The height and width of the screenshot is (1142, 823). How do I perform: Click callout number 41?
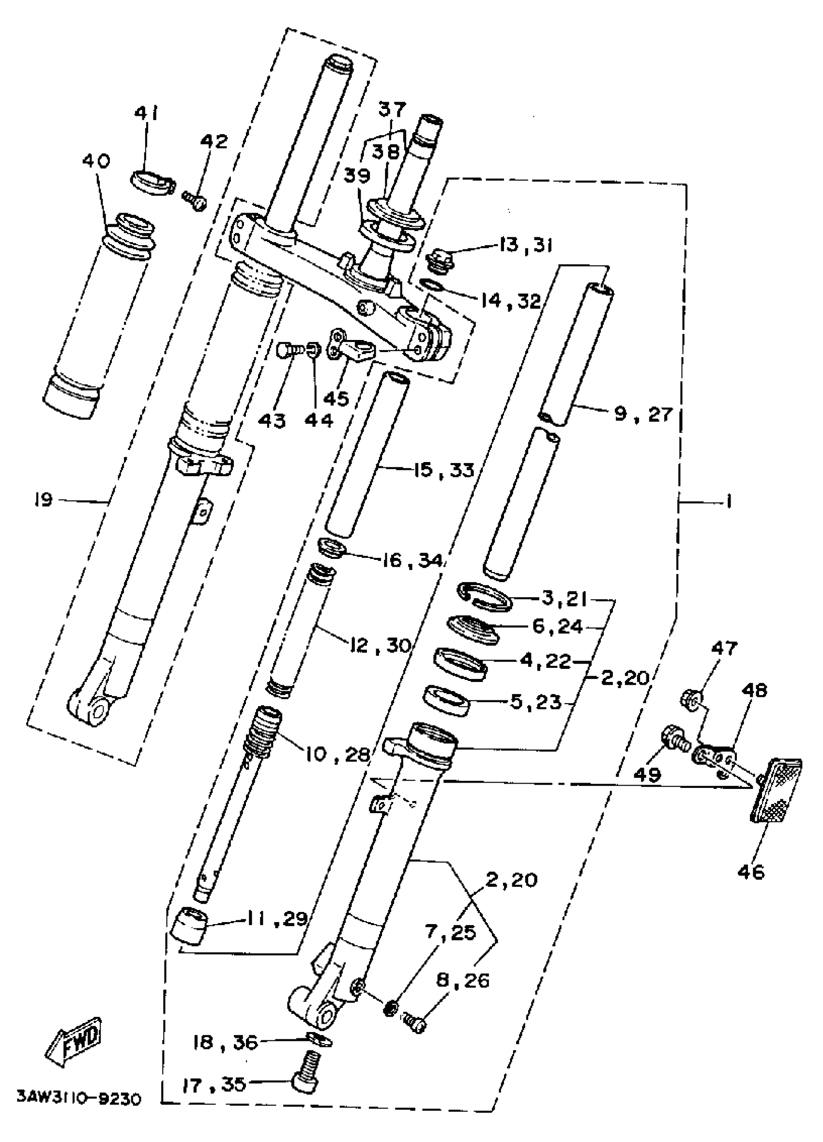tap(147, 115)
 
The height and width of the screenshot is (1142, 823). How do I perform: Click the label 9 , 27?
tap(643, 415)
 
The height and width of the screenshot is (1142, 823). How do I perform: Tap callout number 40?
tap(97, 162)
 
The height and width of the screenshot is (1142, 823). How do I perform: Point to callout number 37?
tap(392, 109)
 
